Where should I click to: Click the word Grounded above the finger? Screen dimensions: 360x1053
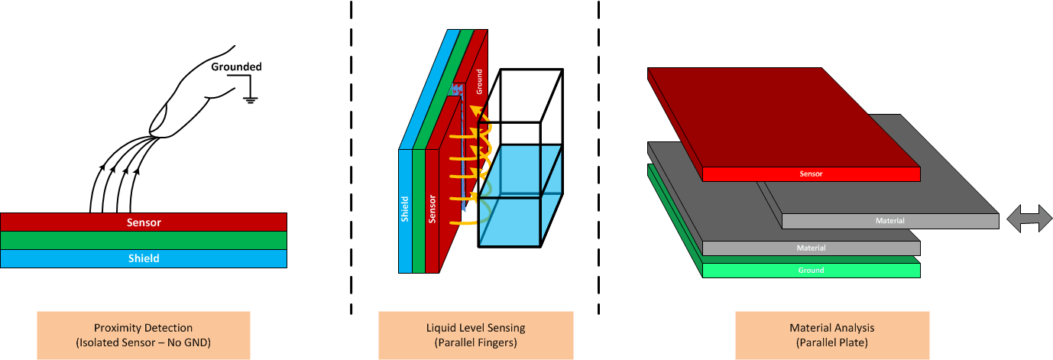click(236, 67)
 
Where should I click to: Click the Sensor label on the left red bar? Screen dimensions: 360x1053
click(144, 222)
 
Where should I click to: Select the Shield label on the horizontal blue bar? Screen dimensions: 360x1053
click(144, 258)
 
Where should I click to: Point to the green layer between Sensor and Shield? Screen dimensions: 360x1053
click(144, 240)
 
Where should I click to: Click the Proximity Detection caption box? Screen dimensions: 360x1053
click(143, 335)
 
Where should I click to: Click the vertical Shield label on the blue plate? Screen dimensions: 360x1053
click(405, 209)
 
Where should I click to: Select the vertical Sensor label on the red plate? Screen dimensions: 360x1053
click(433, 209)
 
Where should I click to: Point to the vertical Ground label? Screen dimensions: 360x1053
click(479, 79)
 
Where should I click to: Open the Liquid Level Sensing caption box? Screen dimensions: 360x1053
click(476, 335)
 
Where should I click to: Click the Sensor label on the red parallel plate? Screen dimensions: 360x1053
click(811, 174)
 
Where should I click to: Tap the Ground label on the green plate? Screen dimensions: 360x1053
click(811, 271)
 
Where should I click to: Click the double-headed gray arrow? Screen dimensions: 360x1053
click(1029, 219)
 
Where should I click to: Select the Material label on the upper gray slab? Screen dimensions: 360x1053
click(890, 222)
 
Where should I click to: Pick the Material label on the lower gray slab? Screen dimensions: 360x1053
click(811, 248)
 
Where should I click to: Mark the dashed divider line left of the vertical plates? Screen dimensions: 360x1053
click(351, 153)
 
